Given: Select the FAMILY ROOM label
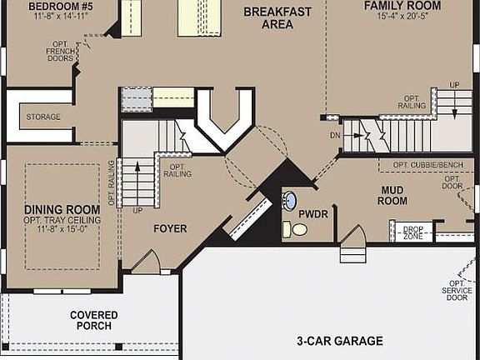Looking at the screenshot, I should click(x=402, y=5).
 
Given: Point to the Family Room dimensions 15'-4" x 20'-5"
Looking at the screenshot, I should click(x=402, y=16).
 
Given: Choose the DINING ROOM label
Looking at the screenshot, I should click(x=57, y=209).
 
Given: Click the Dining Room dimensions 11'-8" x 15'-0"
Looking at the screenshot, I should click(x=57, y=229).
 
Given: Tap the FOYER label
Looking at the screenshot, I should click(x=170, y=228).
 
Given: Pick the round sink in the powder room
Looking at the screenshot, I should click(x=288, y=200).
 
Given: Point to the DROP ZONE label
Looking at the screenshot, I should click(x=412, y=232).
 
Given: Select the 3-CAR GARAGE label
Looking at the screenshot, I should click(x=340, y=341).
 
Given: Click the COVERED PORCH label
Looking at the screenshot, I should click(x=93, y=320).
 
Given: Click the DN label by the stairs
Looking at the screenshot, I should click(x=334, y=134).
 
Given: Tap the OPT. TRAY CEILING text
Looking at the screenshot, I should click(x=57, y=219).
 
